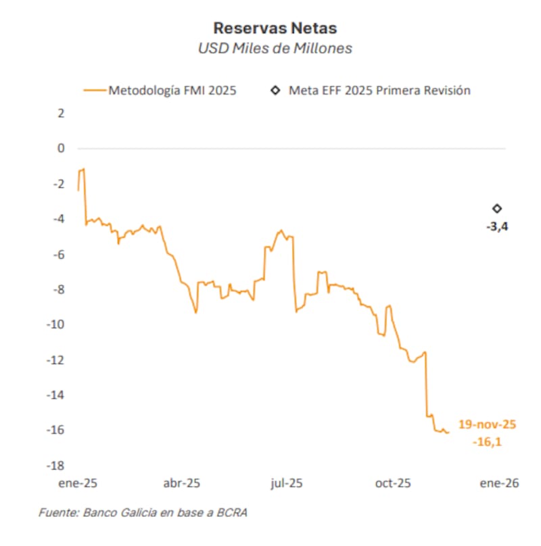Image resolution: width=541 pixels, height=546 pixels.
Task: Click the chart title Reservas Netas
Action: [x=275, y=28]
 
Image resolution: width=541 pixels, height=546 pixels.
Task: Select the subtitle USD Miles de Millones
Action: [x=275, y=49]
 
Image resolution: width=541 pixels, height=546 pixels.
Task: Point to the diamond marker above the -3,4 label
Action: [x=497, y=209]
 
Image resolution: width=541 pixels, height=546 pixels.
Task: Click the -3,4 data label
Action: [x=497, y=227]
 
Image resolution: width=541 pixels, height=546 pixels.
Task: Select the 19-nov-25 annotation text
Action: [x=487, y=424]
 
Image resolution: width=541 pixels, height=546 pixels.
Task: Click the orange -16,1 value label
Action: [x=487, y=443]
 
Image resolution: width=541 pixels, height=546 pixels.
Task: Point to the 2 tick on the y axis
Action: [x=61, y=113]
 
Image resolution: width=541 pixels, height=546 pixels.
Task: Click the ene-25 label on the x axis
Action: [x=78, y=483]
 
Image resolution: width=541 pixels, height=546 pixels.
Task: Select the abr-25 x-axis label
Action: [x=182, y=483]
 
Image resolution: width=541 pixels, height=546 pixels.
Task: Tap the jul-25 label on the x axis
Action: [x=286, y=483]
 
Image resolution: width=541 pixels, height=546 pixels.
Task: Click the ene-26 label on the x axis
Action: [x=499, y=483]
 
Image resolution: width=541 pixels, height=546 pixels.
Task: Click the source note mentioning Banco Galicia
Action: [x=143, y=513]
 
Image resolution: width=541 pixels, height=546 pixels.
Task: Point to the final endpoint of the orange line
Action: [x=449, y=432]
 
